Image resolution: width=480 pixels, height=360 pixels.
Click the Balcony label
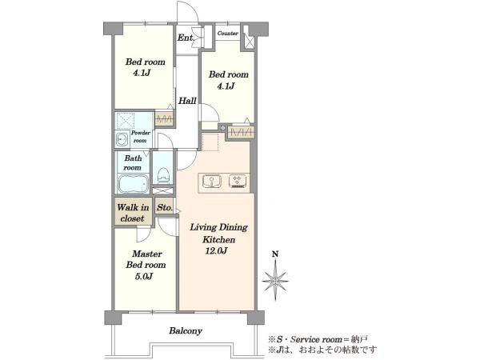coord(186,331)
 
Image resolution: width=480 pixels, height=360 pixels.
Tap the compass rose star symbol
coord(275,281)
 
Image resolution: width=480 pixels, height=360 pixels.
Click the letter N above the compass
coord(275,254)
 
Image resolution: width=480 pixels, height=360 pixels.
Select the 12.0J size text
coord(216,251)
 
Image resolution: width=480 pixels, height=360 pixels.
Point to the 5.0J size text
coord(143,277)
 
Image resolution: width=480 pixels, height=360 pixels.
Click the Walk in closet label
coord(133,213)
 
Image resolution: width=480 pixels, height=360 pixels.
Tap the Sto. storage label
coord(165,208)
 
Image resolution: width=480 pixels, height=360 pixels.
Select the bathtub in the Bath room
coord(133,184)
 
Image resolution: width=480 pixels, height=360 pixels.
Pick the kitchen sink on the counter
coord(212,181)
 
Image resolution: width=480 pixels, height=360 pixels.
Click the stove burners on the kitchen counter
coord(238,181)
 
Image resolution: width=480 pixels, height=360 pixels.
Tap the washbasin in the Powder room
coord(122,139)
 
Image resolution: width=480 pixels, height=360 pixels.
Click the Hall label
coord(187,101)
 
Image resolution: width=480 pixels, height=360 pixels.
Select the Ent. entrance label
coord(186,38)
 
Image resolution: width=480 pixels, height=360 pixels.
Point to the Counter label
coord(228,33)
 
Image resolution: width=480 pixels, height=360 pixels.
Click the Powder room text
coord(141,137)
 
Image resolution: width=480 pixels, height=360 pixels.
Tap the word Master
coord(147,254)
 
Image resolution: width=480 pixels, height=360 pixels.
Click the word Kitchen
coord(218,239)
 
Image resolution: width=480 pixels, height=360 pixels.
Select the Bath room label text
coord(133,163)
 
